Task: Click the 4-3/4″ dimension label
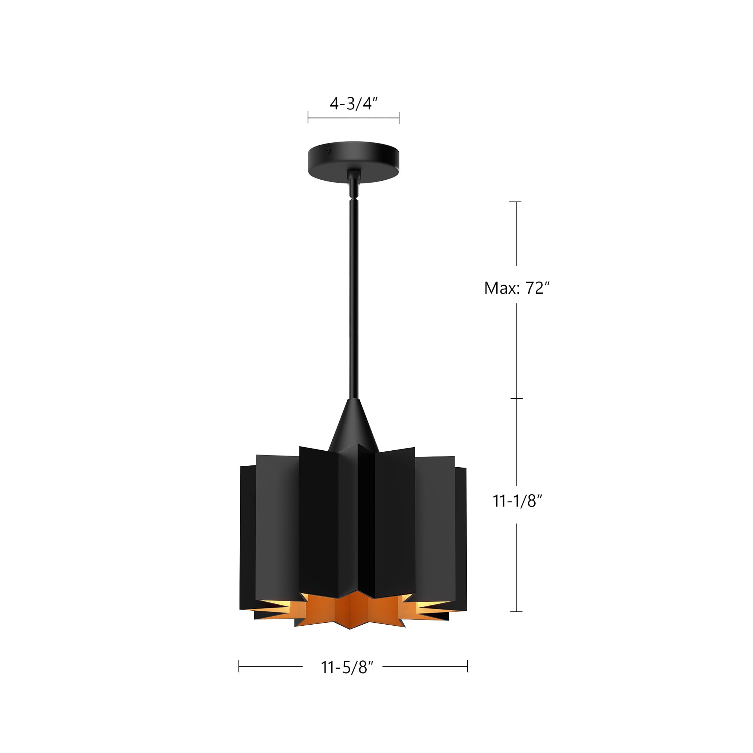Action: tap(354, 104)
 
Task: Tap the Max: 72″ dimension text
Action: tap(517, 288)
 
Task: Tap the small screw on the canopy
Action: tap(329, 149)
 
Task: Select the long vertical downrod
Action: tap(354, 296)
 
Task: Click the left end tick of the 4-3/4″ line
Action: tap(308, 117)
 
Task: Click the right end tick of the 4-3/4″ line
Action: tap(399, 117)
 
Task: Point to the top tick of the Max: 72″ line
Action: tap(516, 202)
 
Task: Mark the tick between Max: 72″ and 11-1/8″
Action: tap(517, 398)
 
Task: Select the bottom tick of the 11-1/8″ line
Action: tap(517, 612)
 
